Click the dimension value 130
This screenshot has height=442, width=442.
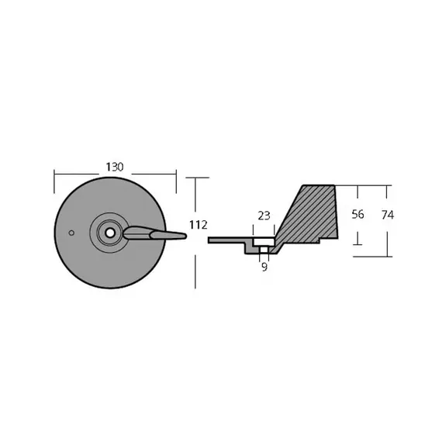pos(115,167)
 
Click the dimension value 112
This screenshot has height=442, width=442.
pos(199,225)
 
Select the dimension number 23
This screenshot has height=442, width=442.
pos(264,216)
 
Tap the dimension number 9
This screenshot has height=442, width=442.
pos(264,267)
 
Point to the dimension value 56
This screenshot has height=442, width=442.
pos(357,214)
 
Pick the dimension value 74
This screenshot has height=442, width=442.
pos(388,215)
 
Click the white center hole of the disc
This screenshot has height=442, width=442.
pos(110,233)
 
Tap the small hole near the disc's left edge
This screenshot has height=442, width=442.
pos(71,233)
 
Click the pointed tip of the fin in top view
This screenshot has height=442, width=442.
pos(185,236)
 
